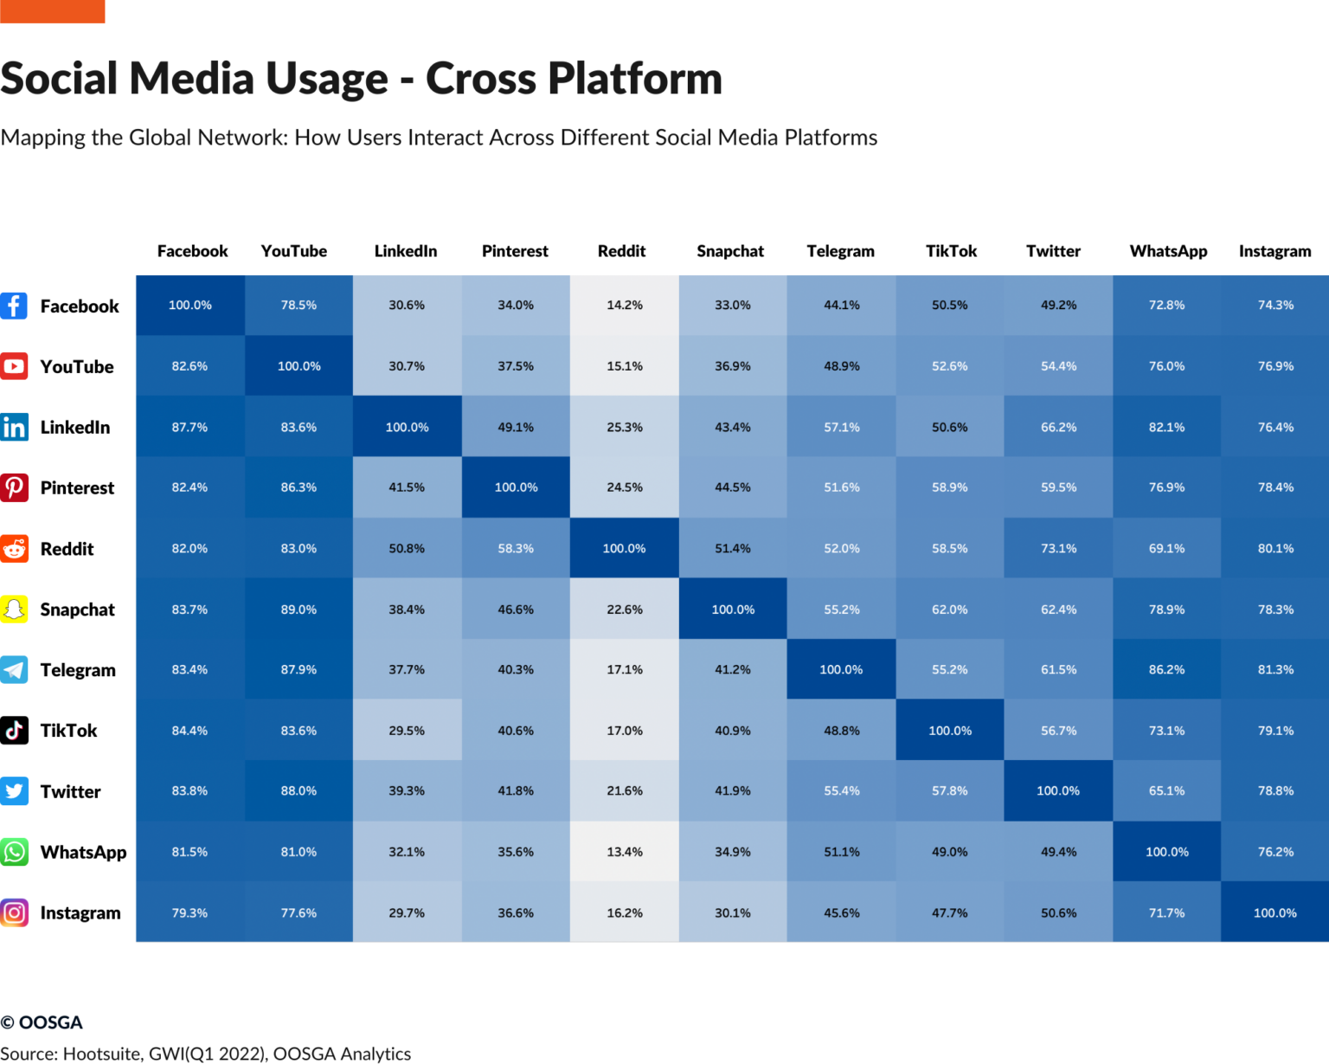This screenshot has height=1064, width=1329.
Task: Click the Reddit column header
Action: pos(621,251)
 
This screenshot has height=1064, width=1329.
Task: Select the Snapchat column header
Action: pos(730,251)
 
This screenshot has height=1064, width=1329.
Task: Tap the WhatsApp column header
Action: pos(1168,251)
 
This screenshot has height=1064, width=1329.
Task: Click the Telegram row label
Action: pos(78,670)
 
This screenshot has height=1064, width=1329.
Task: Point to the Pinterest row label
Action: pos(77,488)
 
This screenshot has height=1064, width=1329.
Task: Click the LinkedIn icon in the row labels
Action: pos(15,427)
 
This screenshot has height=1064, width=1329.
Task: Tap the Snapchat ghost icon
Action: pos(15,609)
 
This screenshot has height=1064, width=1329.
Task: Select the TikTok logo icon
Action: pos(15,731)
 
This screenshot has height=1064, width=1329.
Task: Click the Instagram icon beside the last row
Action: pos(15,912)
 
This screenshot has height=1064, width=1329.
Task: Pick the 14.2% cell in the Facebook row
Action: pos(625,306)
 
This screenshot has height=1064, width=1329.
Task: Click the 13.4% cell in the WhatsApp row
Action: pos(625,852)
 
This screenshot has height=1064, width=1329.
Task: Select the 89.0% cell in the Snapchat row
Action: pos(299,609)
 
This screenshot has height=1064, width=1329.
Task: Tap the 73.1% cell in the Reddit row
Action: pos(1058,549)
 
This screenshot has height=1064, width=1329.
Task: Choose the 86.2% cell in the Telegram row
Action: pos(1166,670)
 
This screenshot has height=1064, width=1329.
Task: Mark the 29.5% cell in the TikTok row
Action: pos(407,731)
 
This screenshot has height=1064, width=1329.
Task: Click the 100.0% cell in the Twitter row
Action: pos(1058,791)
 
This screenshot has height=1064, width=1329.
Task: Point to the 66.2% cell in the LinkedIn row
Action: pos(1058,428)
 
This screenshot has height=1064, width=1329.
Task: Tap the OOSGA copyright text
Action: pos(42,1022)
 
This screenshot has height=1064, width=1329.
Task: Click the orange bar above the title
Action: pos(52,11)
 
